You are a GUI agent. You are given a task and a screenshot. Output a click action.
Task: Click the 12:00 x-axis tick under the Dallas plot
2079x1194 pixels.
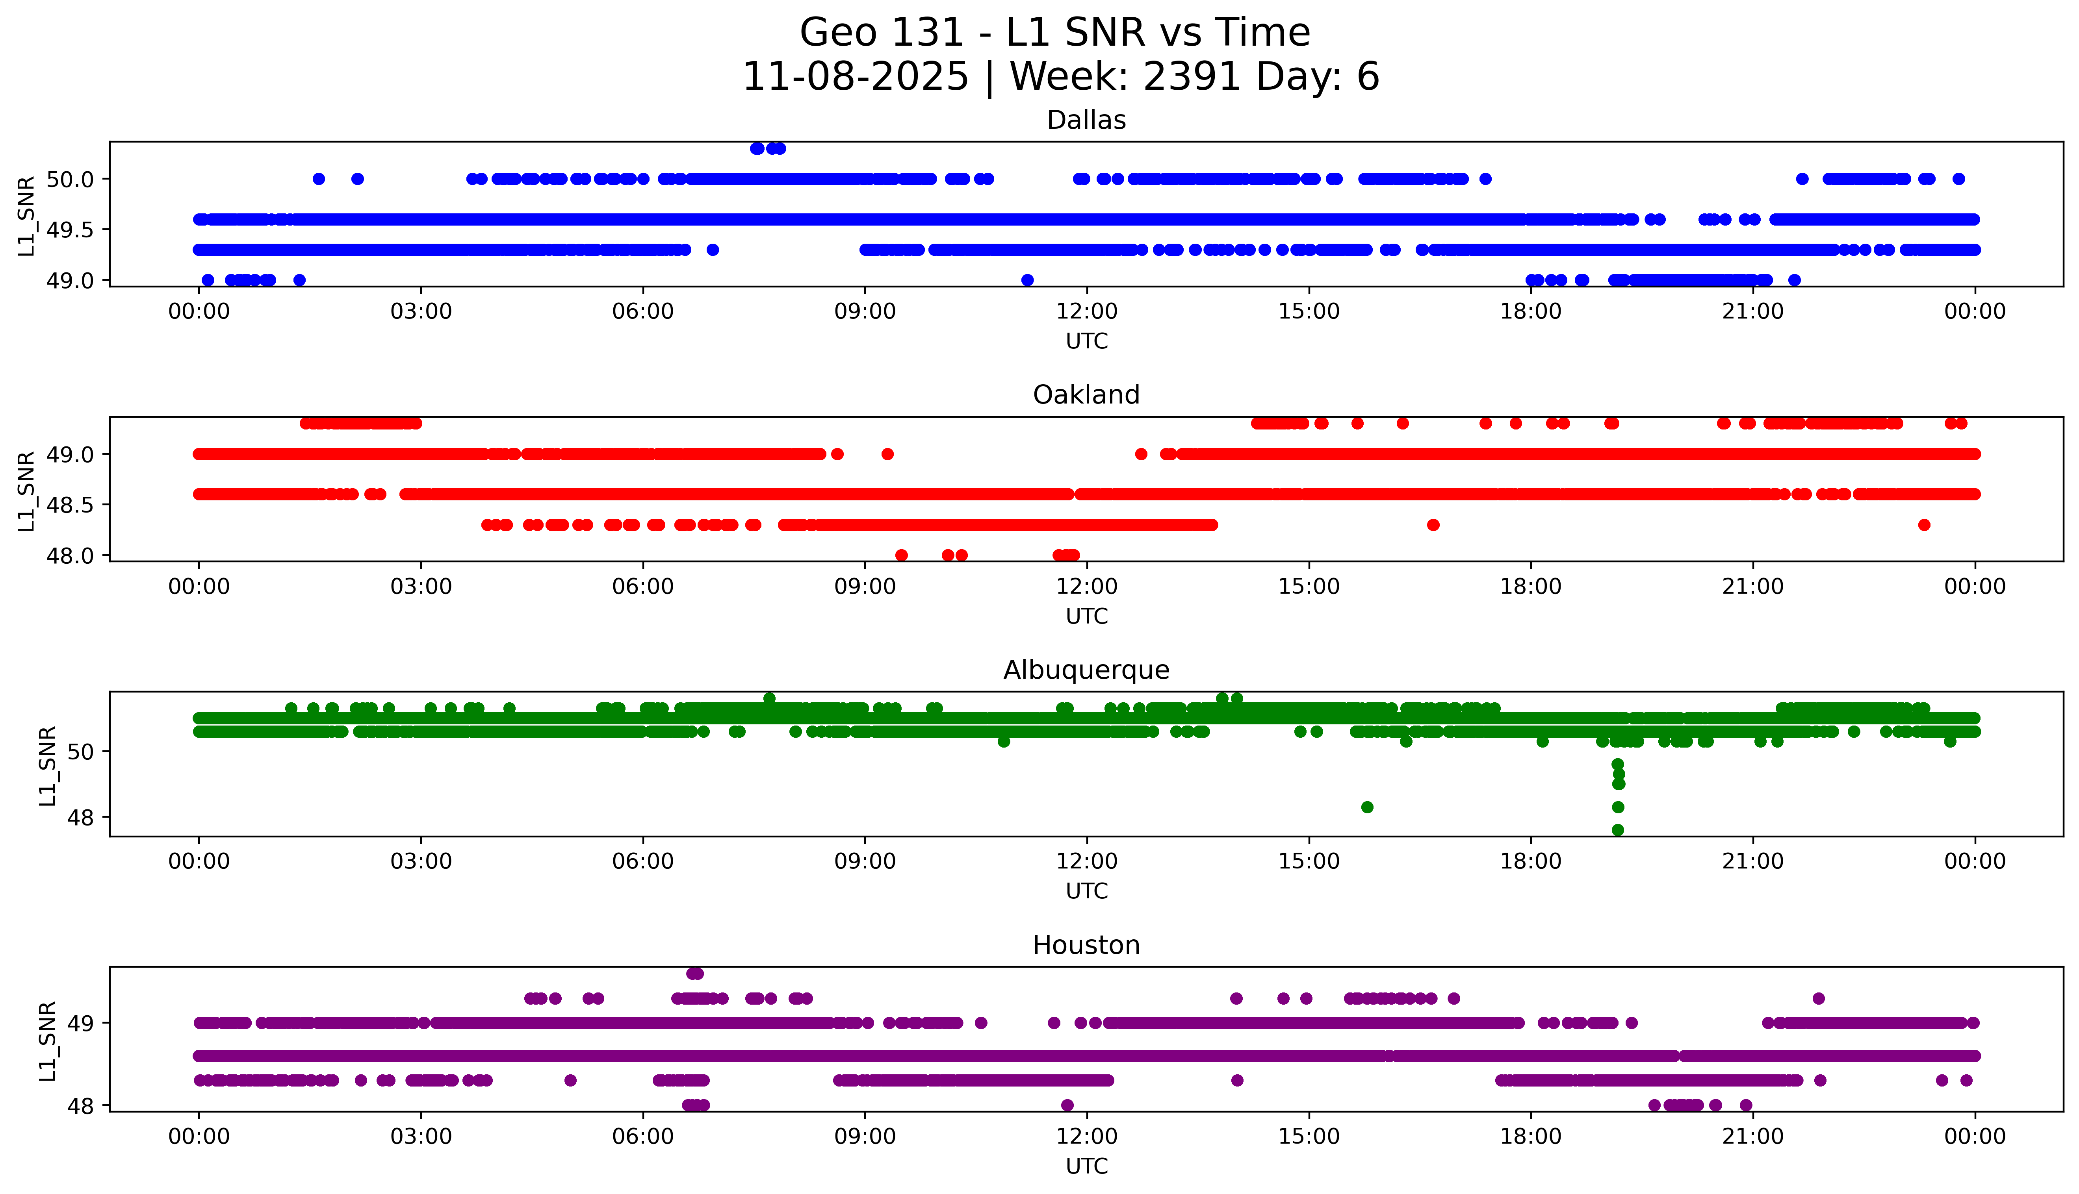pyautogui.click(x=1086, y=312)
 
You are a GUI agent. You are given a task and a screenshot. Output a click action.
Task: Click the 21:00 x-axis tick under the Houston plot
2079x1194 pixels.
pyautogui.click(x=1752, y=1137)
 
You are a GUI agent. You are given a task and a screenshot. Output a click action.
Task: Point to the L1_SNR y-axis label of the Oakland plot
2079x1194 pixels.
pyautogui.click(x=26, y=491)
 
